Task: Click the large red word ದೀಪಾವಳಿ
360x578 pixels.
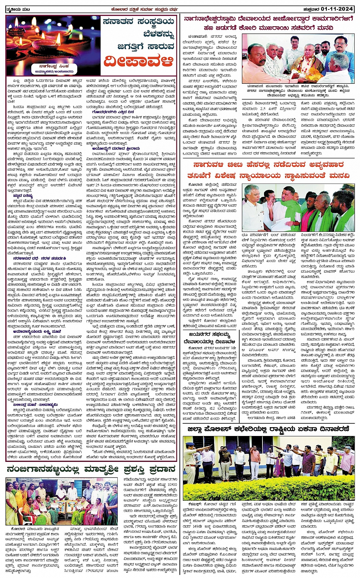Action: (139, 61)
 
